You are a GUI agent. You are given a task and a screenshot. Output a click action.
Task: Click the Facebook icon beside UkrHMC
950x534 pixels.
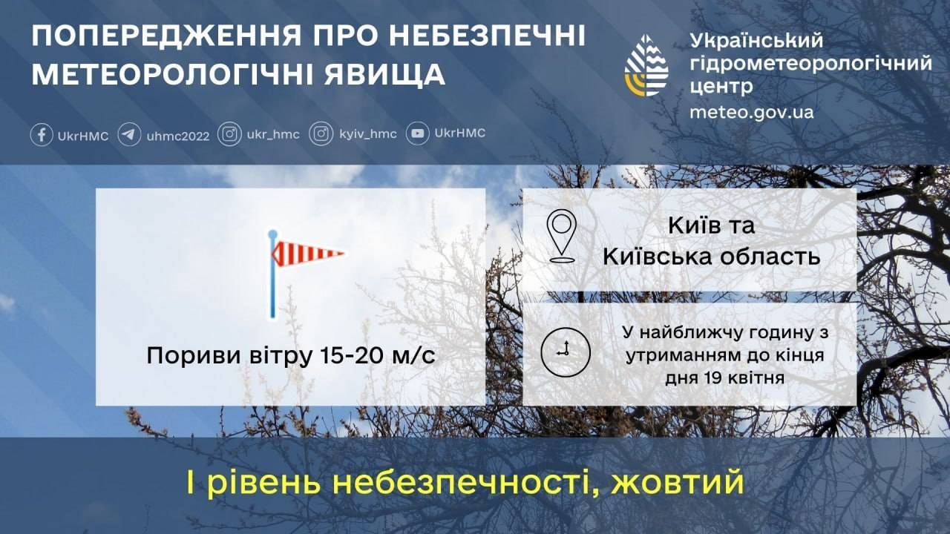click(42, 135)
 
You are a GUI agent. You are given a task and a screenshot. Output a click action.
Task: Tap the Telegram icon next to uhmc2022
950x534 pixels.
click(129, 135)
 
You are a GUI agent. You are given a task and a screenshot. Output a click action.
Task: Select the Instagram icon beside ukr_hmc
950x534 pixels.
click(229, 134)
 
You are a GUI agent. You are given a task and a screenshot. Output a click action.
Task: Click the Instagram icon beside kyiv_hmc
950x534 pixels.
click(321, 134)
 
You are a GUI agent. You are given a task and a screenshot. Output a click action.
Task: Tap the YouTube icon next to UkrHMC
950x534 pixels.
click(417, 133)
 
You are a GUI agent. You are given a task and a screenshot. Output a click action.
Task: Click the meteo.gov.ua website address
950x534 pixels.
click(752, 112)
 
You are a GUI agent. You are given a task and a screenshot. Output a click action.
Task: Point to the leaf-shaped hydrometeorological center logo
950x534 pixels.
click(646, 65)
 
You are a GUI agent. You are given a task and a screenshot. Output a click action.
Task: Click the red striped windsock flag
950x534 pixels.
click(307, 254)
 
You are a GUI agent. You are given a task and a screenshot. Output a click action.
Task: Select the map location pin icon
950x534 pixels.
click(562, 236)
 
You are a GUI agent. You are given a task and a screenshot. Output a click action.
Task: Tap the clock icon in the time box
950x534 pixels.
click(566, 352)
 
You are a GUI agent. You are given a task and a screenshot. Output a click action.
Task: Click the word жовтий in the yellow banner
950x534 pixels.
click(678, 482)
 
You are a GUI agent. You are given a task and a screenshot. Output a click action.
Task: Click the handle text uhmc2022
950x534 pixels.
click(178, 136)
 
